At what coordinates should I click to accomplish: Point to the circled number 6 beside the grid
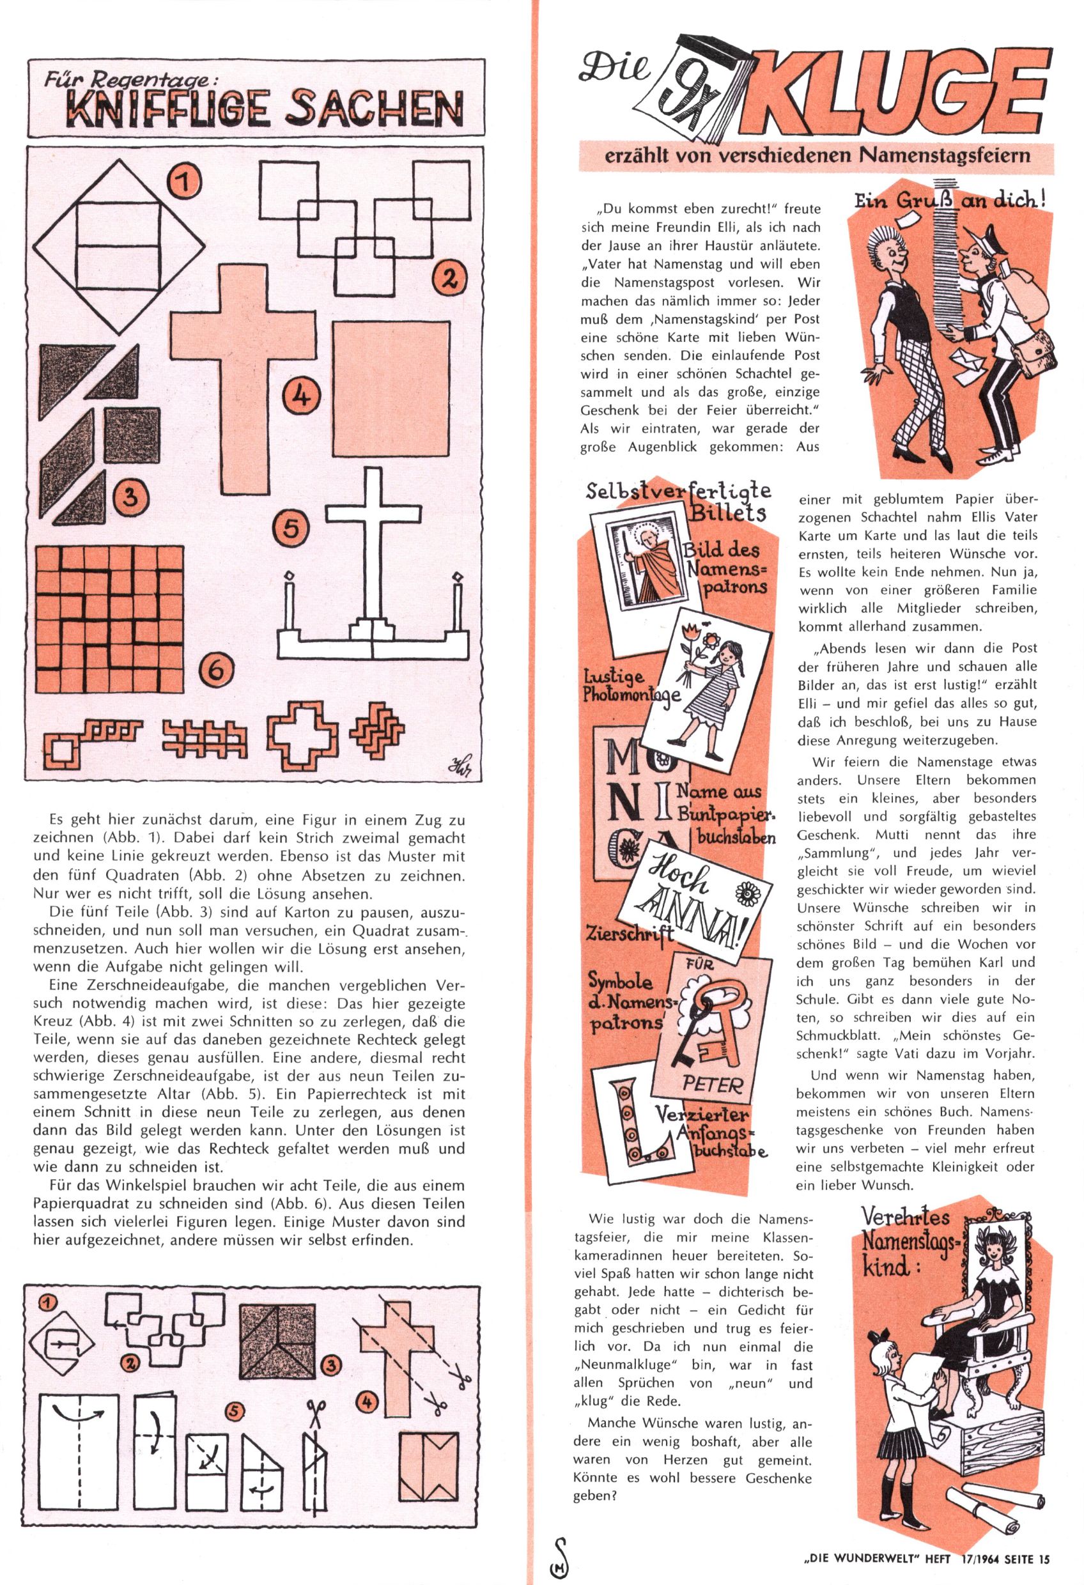pyautogui.click(x=215, y=670)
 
